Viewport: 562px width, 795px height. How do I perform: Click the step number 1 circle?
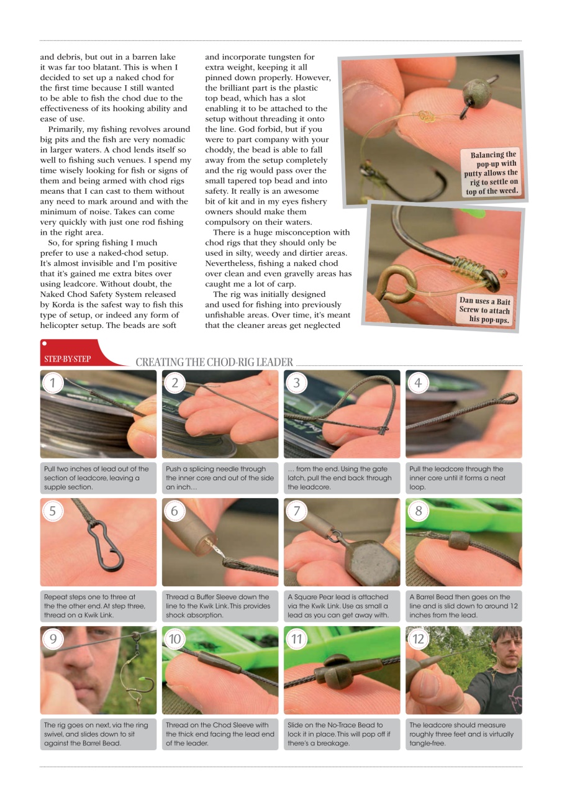[53, 383]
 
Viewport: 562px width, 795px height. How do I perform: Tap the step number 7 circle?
[296, 511]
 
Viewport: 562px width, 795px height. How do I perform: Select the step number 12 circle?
[418, 639]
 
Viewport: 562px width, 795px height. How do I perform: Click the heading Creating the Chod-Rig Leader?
[214, 362]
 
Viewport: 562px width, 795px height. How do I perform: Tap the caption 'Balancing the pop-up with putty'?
[490, 173]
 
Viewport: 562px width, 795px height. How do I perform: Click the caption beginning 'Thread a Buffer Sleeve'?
[218, 606]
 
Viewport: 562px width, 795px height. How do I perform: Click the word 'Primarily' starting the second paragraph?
[68, 129]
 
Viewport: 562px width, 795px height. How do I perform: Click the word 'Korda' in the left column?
[62, 304]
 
